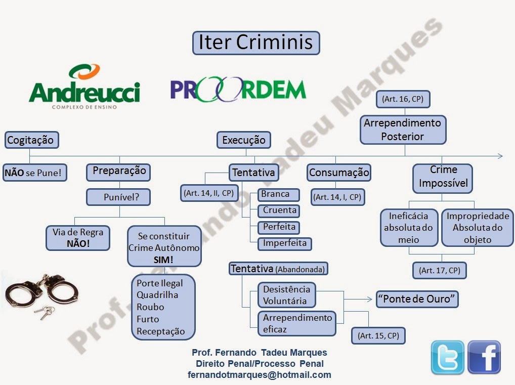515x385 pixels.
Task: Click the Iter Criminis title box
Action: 256,42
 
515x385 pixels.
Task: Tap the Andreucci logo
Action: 84,87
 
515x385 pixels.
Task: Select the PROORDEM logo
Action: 238,90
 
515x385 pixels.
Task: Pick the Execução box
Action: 244,140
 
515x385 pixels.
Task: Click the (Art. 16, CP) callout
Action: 403,99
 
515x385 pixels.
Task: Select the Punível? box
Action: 118,197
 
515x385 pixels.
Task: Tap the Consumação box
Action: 339,173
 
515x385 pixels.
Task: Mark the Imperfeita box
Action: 284,243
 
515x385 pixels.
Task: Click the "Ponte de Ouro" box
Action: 417,299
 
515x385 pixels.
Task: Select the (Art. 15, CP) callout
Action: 378,335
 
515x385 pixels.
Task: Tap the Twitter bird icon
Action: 447,357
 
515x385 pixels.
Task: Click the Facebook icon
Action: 484,357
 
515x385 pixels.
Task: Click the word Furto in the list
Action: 148,319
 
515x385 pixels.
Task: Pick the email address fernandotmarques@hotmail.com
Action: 259,375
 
